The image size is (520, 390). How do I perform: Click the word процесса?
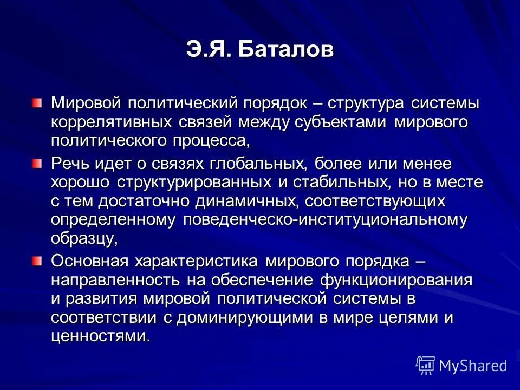point(212,141)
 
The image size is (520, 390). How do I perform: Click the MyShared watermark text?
point(473,366)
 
